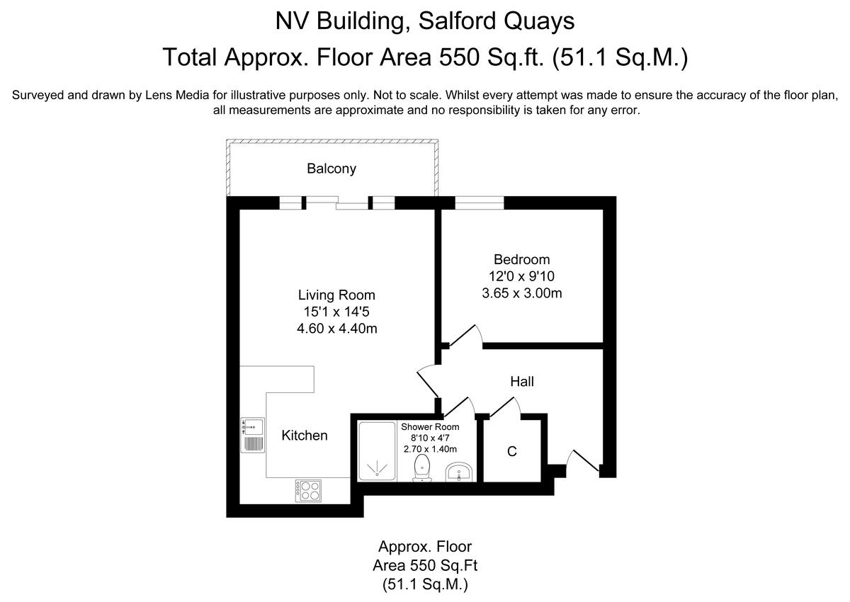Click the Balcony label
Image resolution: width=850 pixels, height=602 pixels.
point(331,169)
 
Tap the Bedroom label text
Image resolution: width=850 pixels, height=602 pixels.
point(521,260)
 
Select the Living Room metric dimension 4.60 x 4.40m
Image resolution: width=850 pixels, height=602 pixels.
point(336,329)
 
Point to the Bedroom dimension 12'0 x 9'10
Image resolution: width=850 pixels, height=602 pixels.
point(521,276)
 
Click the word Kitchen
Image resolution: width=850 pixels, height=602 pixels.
point(305,436)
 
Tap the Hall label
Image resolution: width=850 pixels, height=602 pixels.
point(522,382)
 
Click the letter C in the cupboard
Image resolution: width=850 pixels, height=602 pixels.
point(512,451)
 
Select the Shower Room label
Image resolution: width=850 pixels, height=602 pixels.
point(430,427)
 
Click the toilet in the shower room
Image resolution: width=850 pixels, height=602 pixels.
point(423,468)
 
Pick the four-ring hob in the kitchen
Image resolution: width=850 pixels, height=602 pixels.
point(307,491)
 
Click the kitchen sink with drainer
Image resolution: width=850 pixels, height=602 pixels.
point(252,434)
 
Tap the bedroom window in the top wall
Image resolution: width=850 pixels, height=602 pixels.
point(479,203)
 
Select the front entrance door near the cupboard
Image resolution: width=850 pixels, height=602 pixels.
point(584,460)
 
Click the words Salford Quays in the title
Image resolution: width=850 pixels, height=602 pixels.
point(495,21)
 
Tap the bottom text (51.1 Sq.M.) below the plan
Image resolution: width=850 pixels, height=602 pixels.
point(424,585)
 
